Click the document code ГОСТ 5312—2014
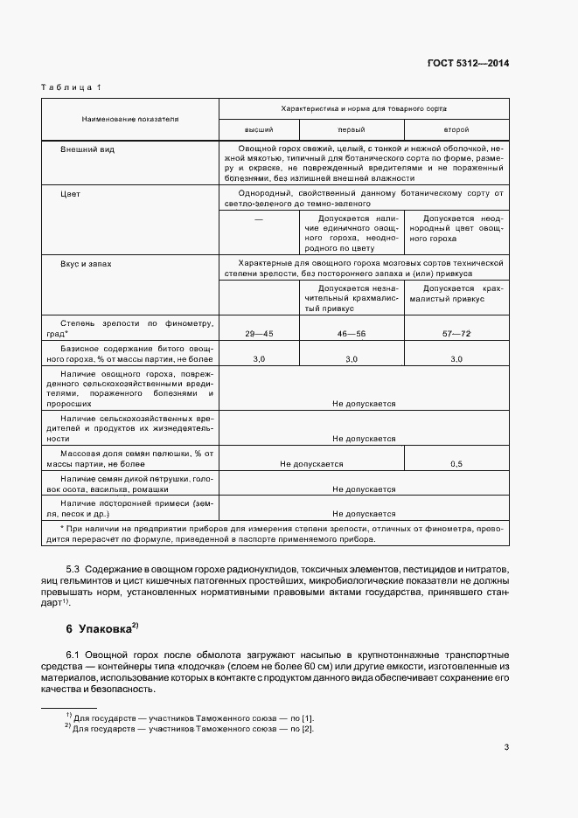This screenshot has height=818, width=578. pyautogui.click(x=468, y=63)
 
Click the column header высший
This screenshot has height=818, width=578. pyautogui.click(x=258, y=128)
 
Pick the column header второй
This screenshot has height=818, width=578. pyautogui.click(x=456, y=128)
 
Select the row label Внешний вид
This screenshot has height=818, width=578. pyautogui.click(x=87, y=149)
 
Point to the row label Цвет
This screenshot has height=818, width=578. pyautogui.click(x=70, y=194)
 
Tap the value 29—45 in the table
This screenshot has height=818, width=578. pyautogui.click(x=258, y=334)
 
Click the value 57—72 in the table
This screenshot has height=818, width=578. pyautogui.click(x=456, y=334)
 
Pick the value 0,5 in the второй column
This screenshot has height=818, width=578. pyautogui.click(x=456, y=464)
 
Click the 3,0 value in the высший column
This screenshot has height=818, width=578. pyautogui.click(x=258, y=359)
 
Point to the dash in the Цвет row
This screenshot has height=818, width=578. pyautogui.click(x=258, y=219)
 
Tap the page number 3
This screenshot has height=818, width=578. pyautogui.click(x=506, y=746)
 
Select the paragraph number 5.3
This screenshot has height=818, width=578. pyautogui.click(x=73, y=569)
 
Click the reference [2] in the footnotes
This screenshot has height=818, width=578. pyautogui.click(x=307, y=728)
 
